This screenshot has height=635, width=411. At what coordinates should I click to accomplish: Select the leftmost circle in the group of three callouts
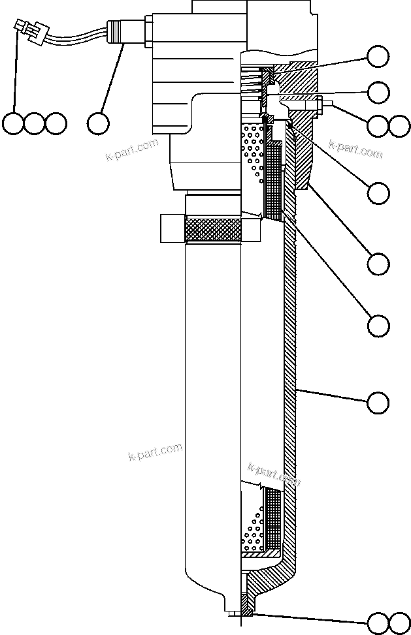coord(13,123)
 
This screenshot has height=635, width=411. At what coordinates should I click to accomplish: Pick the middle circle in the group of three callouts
coord(34,123)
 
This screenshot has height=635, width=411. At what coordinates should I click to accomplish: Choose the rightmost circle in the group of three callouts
coord(56,123)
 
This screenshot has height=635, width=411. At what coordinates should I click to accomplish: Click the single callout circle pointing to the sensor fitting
coord(98,123)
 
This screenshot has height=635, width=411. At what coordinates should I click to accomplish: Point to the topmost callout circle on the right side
coord(378,57)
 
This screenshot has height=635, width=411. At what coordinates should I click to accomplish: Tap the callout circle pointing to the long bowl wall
coord(378,402)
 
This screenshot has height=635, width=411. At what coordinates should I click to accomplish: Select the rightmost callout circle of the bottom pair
coord(399,623)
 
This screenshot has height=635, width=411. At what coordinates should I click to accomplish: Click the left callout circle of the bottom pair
coord(378,623)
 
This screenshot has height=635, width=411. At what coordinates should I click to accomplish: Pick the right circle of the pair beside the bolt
coord(399,126)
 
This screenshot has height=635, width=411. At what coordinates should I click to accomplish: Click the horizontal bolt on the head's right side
coord(307,102)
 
